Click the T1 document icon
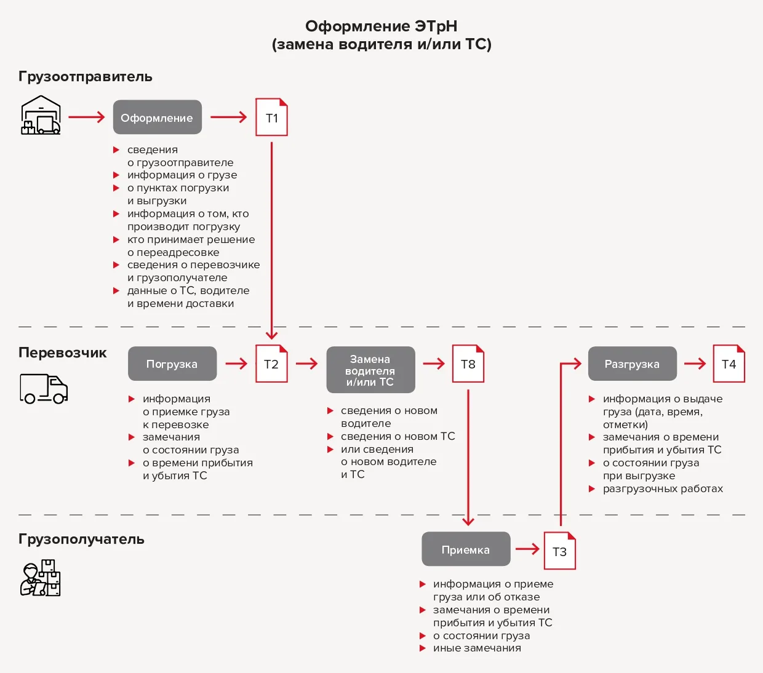[271, 117]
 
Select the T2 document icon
[271, 364]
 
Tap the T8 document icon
[468, 364]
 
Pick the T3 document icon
[559, 551]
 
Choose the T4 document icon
[729, 364]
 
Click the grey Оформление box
[158, 117]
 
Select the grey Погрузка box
[172, 364]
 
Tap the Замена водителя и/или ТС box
[370, 370]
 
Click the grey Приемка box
[466, 549]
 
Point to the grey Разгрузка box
[633, 364]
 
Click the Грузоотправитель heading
[86, 77]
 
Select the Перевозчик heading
[63, 353]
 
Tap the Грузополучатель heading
[81, 540]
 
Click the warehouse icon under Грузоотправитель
[41, 115]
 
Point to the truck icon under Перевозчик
[44, 389]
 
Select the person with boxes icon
[40, 578]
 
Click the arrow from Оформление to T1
[229, 117]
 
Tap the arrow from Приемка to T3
[527, 549]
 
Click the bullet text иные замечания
[477, 648]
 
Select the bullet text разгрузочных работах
[663, 489]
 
